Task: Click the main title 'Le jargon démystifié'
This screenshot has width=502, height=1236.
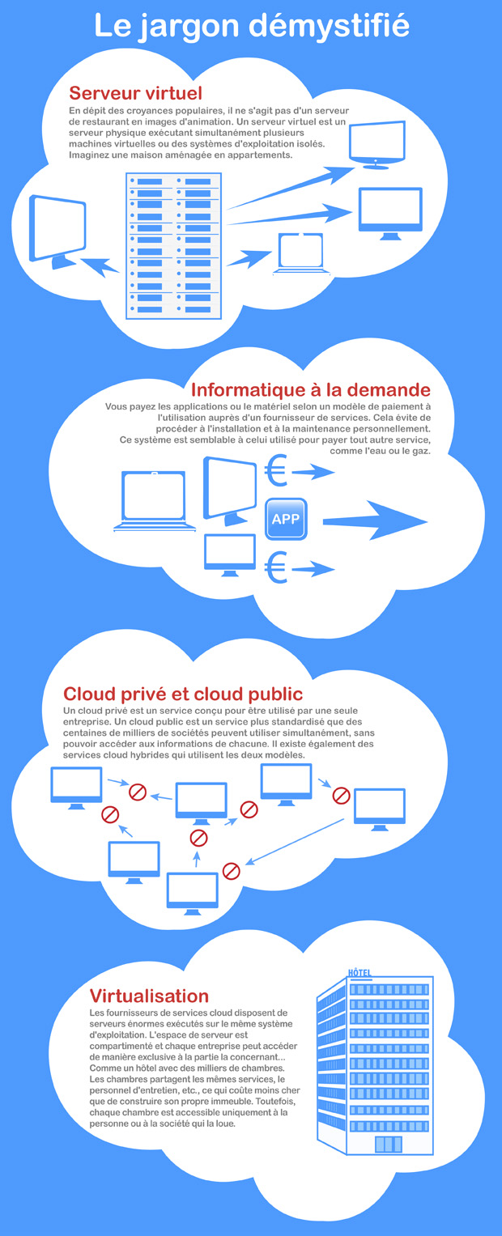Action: coord(251,26)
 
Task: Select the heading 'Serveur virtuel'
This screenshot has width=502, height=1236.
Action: coord(135,93)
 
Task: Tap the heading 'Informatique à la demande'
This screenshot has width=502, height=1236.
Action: coord(310,390)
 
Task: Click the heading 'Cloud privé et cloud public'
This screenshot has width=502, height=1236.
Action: coord(183,694)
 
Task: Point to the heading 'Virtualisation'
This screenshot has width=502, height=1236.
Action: coord(149,996)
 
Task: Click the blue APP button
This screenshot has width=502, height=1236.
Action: coord(286,520)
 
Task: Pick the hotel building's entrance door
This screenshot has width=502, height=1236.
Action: coord(388,1145)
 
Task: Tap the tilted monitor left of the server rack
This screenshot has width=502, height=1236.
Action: coord(57,229)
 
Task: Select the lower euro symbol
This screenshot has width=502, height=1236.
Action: coord(276,567)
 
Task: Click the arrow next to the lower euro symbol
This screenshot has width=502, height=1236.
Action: coord(313,570)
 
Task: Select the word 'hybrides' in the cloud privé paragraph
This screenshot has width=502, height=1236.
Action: coord(160,754)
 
